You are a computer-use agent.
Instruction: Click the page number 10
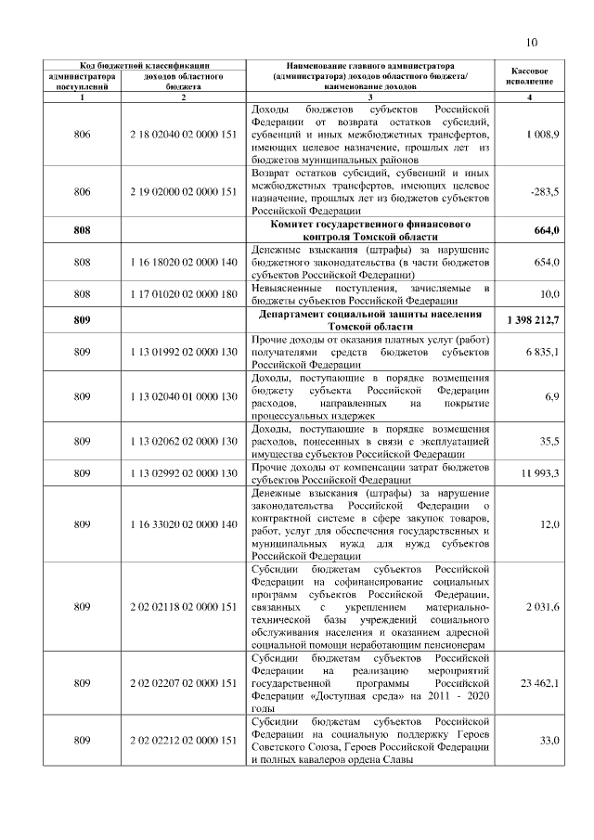coord(532,42)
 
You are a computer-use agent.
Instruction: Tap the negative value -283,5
coord(544,191)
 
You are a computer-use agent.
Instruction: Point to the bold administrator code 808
coord(82,230)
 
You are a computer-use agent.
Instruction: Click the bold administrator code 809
coord(82,320)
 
